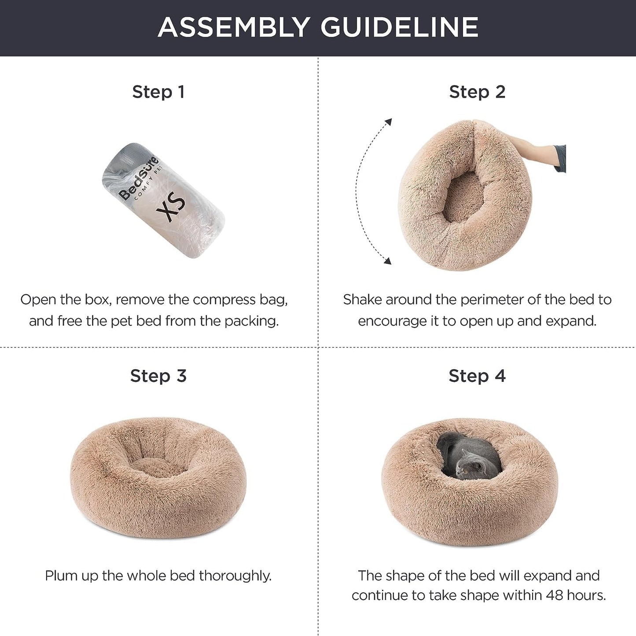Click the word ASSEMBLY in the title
coord(234,27)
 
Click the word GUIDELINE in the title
coord(399,27)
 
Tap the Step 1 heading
coord(158,92)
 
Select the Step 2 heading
coord(477,92)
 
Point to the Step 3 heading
coord(158,376)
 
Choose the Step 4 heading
coord(477,376)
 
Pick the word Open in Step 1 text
coord(38,300)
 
